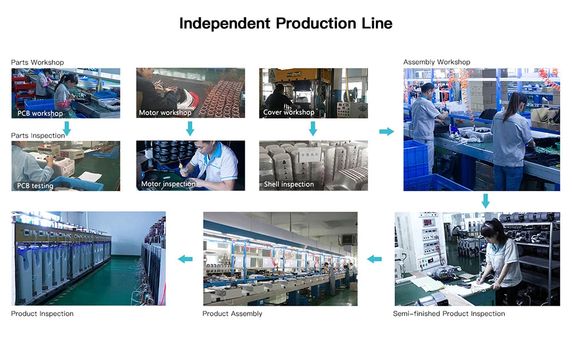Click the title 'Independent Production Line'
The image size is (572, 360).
[x=285, y=23]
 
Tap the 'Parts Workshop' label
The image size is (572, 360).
[x=37, y=62]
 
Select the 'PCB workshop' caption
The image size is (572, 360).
[x=40, y=113]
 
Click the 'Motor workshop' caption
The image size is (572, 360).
[x=165, y=113]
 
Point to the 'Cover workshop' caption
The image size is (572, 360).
[x=288, y=112]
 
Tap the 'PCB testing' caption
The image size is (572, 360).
[x=35, y=186]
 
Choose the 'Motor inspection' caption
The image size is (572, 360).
[x=168, y=184]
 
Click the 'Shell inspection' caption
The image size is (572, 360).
[x=289, y=184]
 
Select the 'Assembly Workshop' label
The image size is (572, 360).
[x=436, y=62]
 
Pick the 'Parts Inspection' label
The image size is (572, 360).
[x=38, y=136]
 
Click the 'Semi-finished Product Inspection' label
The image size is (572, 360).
[x=449, y=314]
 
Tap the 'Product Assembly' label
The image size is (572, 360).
[x=232, y=314]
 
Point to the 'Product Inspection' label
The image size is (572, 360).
[x=42, y=314]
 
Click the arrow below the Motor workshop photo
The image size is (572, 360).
[x=190, y=129]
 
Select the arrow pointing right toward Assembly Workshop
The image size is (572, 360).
[x=387, y=132]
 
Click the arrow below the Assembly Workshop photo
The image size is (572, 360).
[x=486, y=201]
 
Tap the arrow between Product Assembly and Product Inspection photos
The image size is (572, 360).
[x=185, y=259]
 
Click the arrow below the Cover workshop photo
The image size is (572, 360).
[x=313, y=129]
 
